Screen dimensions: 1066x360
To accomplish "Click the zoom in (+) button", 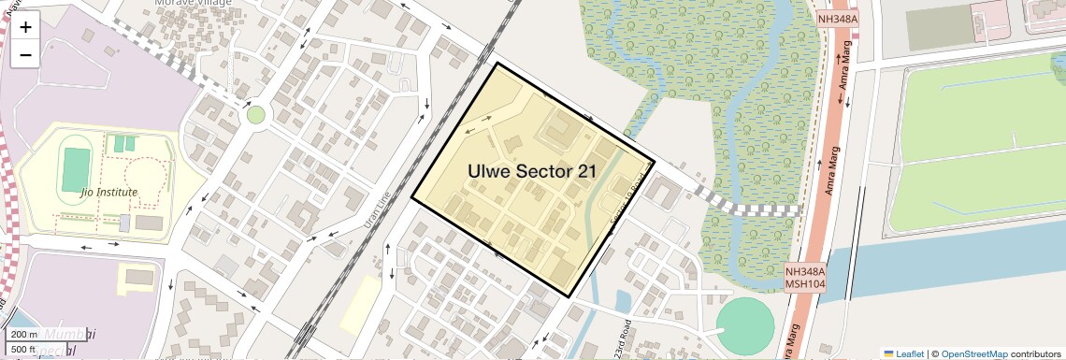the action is tap(25, 27).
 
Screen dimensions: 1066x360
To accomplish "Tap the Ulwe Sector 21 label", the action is tap(533, 171).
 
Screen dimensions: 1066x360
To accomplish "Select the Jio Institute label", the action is tap(109, 193).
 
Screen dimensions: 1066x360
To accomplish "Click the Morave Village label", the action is tap(194, 4).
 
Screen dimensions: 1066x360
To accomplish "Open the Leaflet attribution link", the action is tap(910, 353).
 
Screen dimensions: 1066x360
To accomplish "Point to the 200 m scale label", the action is tap(24, 335).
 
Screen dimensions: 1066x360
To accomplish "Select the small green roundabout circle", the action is tap(255, 115).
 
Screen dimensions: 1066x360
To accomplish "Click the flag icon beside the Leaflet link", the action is tap(888, 353).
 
